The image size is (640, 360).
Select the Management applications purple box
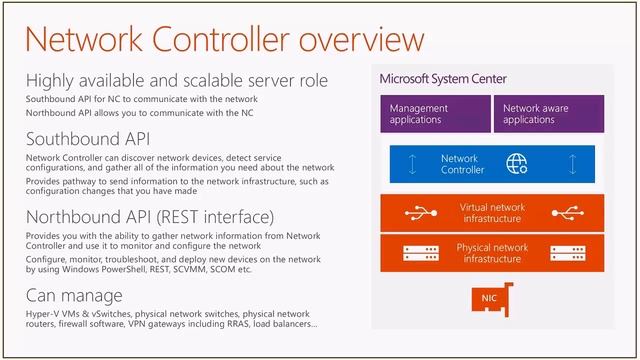(435, 114)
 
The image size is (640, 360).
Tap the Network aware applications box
(548, 114)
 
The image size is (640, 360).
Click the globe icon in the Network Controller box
(517, 163)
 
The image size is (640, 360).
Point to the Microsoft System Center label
(443, 79)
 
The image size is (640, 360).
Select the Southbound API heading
(90, 139)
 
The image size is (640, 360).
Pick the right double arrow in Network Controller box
(572, 164)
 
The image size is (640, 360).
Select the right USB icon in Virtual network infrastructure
(570, 213)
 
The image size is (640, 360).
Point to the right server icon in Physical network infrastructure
(570, 252)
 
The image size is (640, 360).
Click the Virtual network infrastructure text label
(493, 213)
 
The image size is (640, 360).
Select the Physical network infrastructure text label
(493, 252)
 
